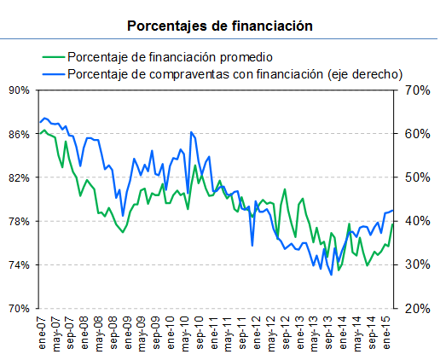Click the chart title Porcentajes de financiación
(x=220, y=26)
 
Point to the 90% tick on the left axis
(x=19, y=90)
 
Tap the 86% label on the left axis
(x=19, y=134)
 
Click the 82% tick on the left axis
(x=19, y=177)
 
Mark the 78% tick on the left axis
(x=19, y=221)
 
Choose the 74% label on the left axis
(x=19, y=264)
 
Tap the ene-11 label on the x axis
(x=212, y=331)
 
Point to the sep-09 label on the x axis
(x=155, y=331)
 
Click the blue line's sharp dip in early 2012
(x=252, y=246)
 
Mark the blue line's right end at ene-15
(x=392, y=210)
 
